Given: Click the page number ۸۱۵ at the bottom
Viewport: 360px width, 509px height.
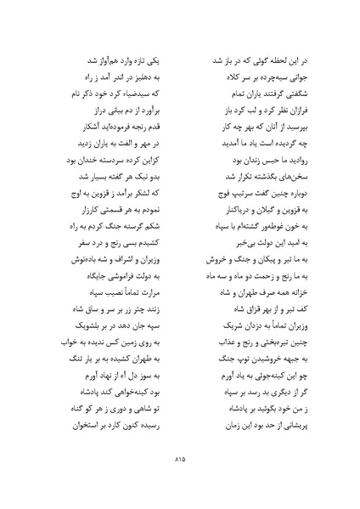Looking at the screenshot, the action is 180,461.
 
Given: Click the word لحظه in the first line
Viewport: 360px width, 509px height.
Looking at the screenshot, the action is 275,62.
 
